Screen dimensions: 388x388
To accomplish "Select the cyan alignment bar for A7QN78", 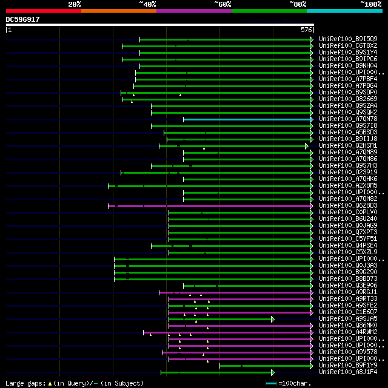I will pos(247,119).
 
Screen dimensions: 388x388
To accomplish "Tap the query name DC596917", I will pos(23,19).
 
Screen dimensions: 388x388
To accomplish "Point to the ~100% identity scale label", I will pos(370,4).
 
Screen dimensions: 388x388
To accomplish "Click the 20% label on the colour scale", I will pos(75,4).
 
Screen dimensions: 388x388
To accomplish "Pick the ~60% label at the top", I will pos(222,4).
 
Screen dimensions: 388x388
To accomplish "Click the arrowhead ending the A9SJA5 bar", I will pos(273,319).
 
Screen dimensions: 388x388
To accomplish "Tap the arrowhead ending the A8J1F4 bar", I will pos(273,372).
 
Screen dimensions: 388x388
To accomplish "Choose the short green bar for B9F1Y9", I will pos(266,366).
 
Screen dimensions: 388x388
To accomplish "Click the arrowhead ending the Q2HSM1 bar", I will pos(307,146).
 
